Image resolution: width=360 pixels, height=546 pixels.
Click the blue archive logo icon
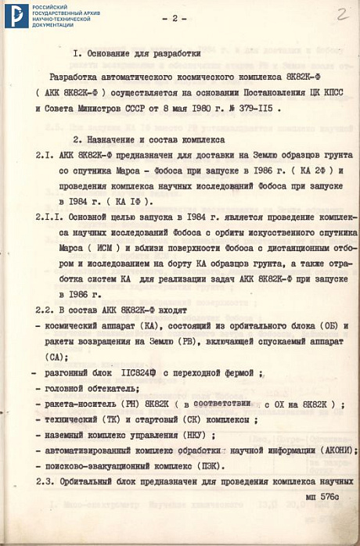point(16,16)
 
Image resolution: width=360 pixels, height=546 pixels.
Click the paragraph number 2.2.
point(46,310)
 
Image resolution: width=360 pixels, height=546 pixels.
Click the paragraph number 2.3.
point(46,480)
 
